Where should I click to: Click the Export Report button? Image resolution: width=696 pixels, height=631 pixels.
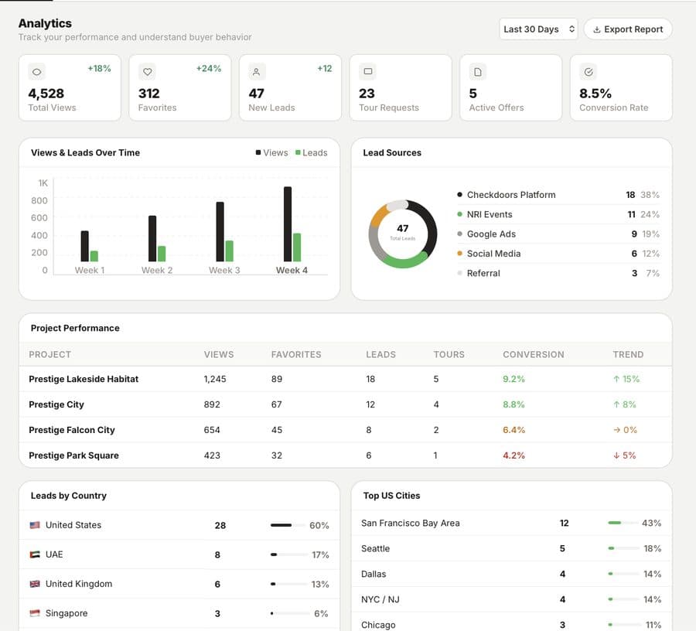[x=627, y=29]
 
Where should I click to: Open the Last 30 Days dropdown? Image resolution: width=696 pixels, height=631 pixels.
[x=538, y=29]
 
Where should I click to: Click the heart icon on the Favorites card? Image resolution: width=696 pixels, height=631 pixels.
[x=148, y=72]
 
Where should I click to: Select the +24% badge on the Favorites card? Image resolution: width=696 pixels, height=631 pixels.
[x=209, y=69]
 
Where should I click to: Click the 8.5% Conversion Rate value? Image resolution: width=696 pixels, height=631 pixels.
[x=595, y=94]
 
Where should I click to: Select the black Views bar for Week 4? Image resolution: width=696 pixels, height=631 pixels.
[x=288, y=224]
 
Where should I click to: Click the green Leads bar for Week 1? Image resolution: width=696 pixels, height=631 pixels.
[x=94, y=256]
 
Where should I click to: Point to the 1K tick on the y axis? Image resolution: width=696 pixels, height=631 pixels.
[x=43, y=183]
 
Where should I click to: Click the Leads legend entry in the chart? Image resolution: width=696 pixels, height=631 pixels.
[x=311, y=153]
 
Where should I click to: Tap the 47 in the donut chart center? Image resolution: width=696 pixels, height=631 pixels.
[x=402, y=228]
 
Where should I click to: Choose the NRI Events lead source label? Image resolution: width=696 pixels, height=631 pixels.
[x=490, y=214]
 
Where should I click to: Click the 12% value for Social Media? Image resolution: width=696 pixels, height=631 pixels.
[x=651, y=254]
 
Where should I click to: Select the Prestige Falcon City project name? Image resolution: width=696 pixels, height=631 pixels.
[x=72, y=430]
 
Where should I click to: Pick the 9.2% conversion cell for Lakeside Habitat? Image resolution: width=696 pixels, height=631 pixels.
[x=513, y=379]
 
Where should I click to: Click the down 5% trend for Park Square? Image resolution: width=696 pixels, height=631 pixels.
[x=624, y=455]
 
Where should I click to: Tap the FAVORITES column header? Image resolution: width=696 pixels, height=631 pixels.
[x=296, y=354]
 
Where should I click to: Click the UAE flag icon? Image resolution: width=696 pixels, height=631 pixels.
[x=35, y=554]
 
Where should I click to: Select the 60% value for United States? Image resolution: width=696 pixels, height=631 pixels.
[x=319, y=526]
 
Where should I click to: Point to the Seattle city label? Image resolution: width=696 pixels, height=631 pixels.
[x=375, y=548]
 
